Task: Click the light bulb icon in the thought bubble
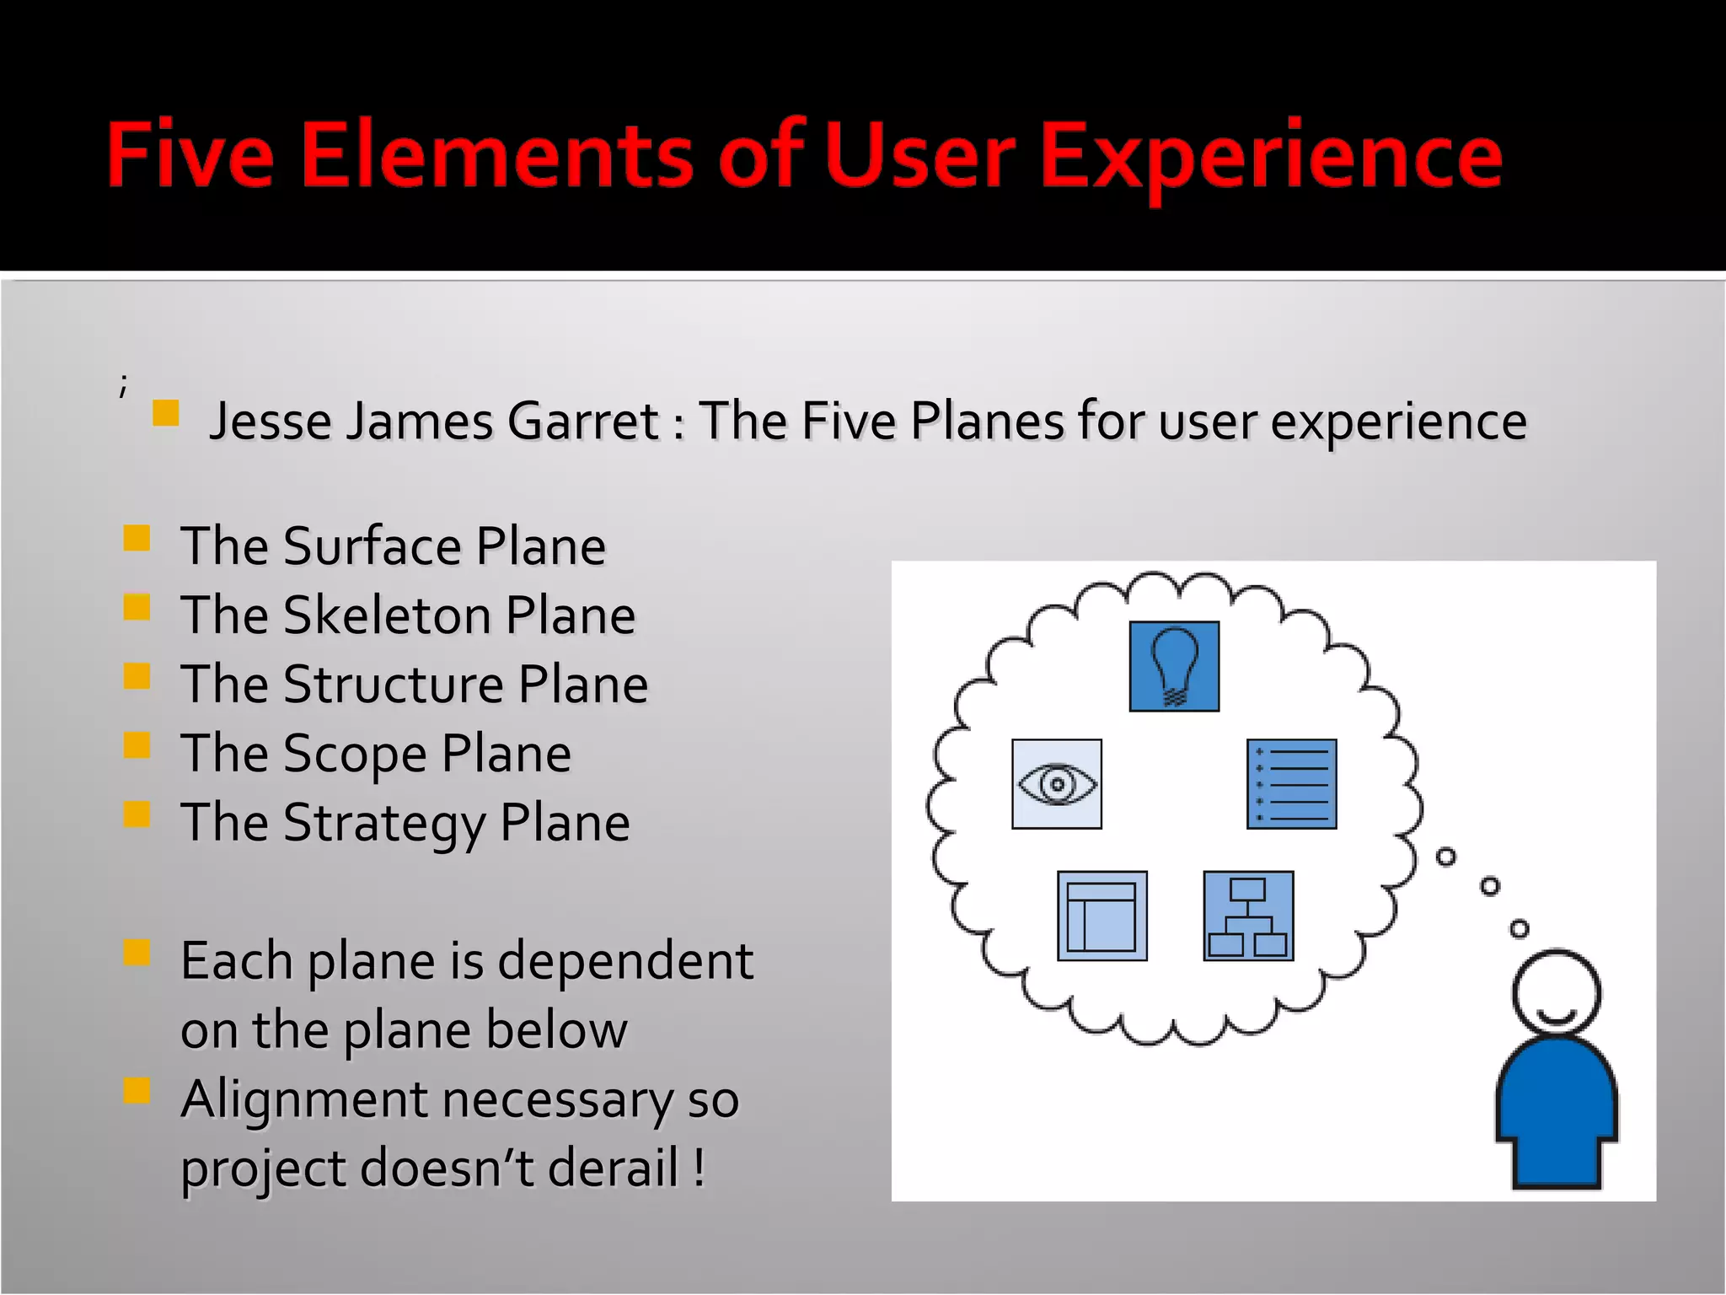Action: pos(1174,666)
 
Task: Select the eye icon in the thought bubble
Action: pos(1056,784)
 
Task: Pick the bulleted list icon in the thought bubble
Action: pos(1291,784)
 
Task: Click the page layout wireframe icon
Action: pos(1102,916)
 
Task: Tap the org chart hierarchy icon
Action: pos(1248,916)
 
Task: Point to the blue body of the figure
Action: pos(1556,1113)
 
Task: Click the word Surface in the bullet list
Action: pos(372,546)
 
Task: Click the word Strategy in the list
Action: pos(383,823)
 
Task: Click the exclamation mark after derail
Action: pos(700,1167)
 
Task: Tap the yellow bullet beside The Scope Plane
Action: pos(137,745)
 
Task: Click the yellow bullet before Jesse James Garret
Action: pos(166,413)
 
